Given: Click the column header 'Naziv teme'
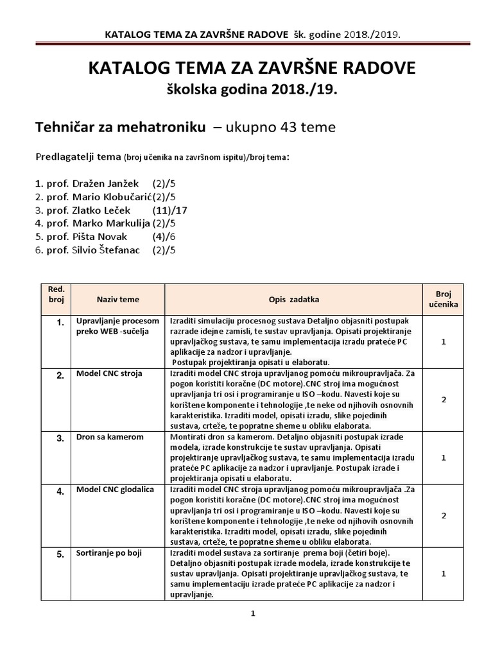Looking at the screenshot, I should [117, 300].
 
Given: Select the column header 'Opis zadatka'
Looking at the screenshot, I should [294, 300].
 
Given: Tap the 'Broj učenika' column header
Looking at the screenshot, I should [443, 299].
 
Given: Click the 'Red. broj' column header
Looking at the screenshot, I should [56, 294].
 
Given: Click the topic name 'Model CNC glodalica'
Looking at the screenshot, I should [115, 490].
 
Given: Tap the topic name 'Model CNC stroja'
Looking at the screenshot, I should [109, 373].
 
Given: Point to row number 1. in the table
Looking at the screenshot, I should [60, 323].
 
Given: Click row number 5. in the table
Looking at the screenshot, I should [60, 554].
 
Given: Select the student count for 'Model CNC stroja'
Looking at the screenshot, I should [443, 400].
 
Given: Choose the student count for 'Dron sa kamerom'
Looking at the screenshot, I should [443, 457].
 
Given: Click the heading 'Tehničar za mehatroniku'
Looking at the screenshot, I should [120, 128].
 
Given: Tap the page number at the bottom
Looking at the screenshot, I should [253, 614].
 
